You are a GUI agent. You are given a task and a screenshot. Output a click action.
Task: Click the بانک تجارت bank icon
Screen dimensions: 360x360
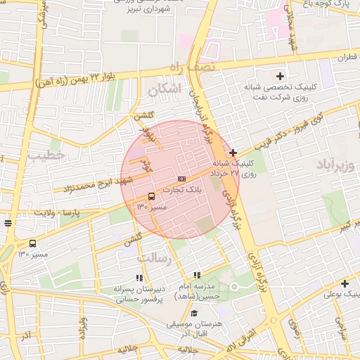[x=182, y=179]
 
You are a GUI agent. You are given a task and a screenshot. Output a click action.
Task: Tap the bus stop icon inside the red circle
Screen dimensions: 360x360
[x=152, y=196]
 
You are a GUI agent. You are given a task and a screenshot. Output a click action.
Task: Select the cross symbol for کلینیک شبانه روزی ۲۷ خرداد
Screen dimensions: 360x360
[x=233, y=153]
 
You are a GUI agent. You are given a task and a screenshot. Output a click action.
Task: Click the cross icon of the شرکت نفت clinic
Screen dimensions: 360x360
[x=280, y=76]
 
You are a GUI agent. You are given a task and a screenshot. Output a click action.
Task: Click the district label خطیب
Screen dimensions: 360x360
[x=51, y=153]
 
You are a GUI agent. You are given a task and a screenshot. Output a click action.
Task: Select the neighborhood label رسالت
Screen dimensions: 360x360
[x=154, y=259]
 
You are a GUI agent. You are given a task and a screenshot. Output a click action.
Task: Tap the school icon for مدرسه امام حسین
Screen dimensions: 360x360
[x=198, y=275]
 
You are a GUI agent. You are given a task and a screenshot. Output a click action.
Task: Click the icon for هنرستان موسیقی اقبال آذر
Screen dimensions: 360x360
[x=194, y=313]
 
